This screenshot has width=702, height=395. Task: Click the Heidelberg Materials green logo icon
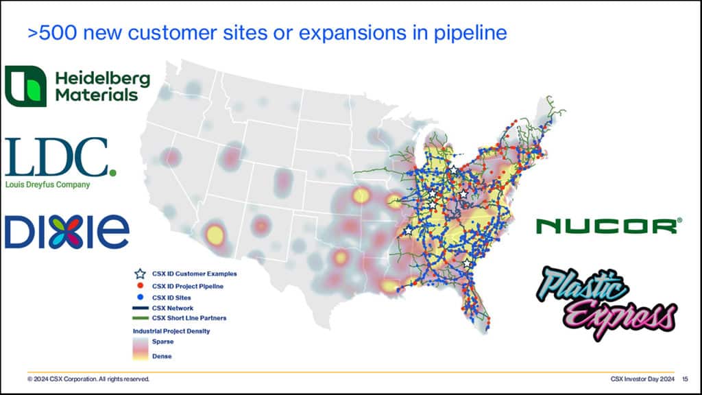[x=25, y=86]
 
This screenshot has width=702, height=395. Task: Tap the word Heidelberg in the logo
[x=103, y=79]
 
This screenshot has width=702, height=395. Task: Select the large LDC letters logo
[x=60, y=157]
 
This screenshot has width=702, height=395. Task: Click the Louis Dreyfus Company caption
[x=47, y=184]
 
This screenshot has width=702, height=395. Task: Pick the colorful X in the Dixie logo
[x=67, y=231]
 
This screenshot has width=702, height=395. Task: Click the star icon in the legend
[x=140, y=274]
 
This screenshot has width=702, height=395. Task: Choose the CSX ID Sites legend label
[x=171, y=298]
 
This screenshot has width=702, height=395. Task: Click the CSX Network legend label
[x=173, y=308]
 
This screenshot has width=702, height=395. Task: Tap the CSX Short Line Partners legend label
[x=189, y=318]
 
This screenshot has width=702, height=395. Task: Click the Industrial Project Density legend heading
[x=171, y=331]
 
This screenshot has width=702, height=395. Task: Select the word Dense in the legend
[x=162, y=357]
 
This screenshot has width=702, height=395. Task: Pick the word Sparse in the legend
[x=162, y=342]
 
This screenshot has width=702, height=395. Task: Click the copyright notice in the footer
[x=88, y=379]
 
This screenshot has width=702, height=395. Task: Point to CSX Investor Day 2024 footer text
[x=642, y=379]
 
